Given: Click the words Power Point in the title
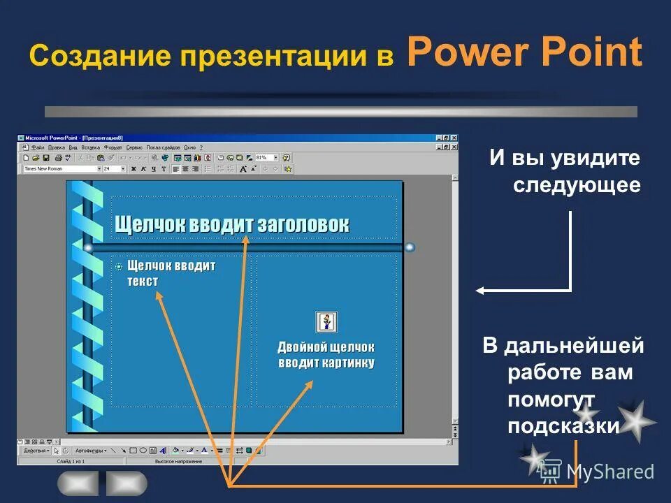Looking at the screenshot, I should click(524, 52).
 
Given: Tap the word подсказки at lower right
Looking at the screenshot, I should click(564, 425).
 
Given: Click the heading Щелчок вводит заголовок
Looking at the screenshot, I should click(231, 225).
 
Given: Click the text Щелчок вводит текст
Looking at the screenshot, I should click(171, 273).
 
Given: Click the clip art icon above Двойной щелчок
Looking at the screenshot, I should click(326, 322).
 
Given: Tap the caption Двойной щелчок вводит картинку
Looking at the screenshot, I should click(326, 354).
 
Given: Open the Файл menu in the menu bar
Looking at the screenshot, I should click(37, 148).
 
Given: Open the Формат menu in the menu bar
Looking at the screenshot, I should click(113, 148).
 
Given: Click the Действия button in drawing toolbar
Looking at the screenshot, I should click(36, 451).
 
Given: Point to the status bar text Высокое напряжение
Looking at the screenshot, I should click(178, 461).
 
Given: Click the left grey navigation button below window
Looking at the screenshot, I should click(78, 483).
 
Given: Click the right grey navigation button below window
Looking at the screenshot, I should click(127, 483).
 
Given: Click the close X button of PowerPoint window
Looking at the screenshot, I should click(454, 138).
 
